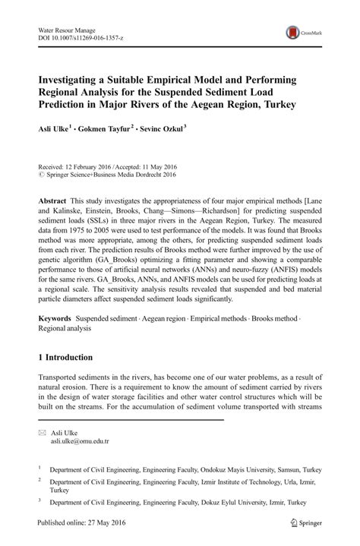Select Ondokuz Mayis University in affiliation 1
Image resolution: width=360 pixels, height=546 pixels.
[248, 469]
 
